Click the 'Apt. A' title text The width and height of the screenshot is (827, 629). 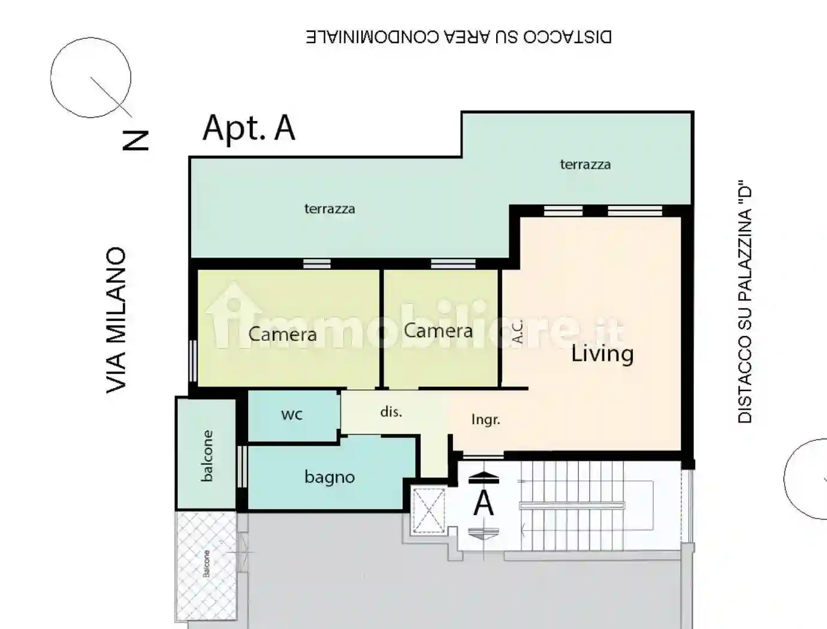pos(249,128)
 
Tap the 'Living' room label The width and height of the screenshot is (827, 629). pos(602,353)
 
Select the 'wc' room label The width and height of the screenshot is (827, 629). pos(292,415)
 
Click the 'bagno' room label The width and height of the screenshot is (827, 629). pos(329,477)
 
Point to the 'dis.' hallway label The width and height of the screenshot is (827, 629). pos(391,412)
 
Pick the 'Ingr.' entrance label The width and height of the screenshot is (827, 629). pos(485,420)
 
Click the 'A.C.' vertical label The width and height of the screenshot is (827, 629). pos(518,332)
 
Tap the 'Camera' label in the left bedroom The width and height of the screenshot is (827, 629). pos(282,334)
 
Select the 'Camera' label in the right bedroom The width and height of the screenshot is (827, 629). pos(438,331)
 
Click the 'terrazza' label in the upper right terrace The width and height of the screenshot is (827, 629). pos(585,165)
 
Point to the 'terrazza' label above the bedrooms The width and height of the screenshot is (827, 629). pos(329,209)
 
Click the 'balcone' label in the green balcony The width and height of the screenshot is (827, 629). pos(207,456)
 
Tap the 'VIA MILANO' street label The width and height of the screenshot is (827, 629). pos(116,320)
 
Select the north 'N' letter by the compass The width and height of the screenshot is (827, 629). pos(135,141)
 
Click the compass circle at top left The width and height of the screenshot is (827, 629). pos(90,77)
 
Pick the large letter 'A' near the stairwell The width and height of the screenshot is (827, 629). pos(484,503)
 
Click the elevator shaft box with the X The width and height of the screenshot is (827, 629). pos(429,510)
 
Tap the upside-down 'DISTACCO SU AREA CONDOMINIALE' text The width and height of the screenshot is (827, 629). pos(458,37)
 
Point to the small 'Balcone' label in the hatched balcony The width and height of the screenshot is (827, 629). pos(207,564)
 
